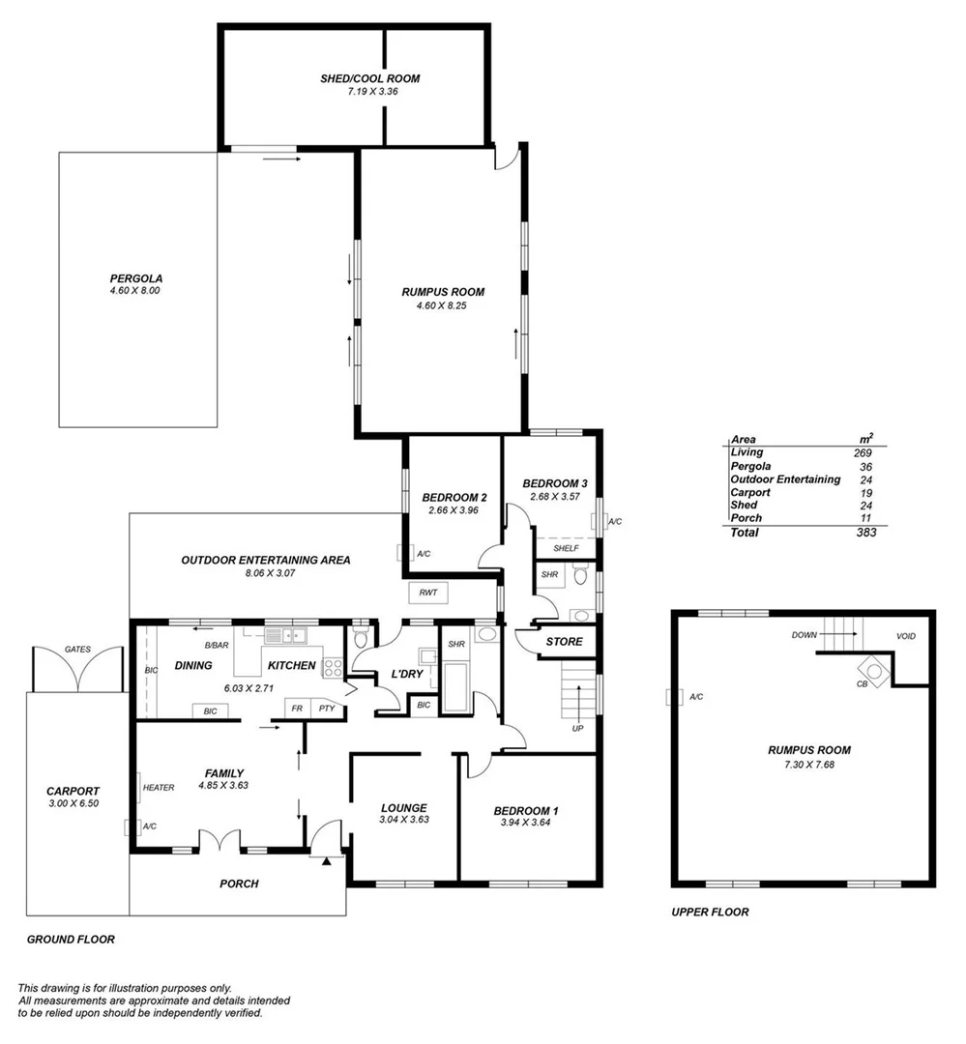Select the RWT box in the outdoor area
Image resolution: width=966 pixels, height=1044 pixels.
coord(427,592)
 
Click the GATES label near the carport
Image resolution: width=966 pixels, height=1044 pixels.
coord(77,650)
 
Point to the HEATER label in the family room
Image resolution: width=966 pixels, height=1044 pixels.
coord(159,788)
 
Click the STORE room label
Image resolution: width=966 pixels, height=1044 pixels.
coord(564,642)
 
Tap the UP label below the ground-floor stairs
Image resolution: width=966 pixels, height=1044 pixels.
coord(577,728)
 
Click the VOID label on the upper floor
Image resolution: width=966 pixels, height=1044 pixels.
coord(906,637)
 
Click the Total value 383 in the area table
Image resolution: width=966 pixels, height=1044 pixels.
coord(864,532)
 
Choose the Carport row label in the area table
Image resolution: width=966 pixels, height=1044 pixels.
coord(751,492)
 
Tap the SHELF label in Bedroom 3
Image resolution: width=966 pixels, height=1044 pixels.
coord(566,548)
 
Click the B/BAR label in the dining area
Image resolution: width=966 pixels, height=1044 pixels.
coord(216,645)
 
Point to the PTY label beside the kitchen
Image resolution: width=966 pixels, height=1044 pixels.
coord(325,708)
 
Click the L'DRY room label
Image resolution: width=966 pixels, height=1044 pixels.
coord(407,674)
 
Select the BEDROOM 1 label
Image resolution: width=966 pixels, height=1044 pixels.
coord(526,811)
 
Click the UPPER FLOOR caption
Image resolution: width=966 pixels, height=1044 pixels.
coord(711,912)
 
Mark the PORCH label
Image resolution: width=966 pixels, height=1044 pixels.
coord(239,884)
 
